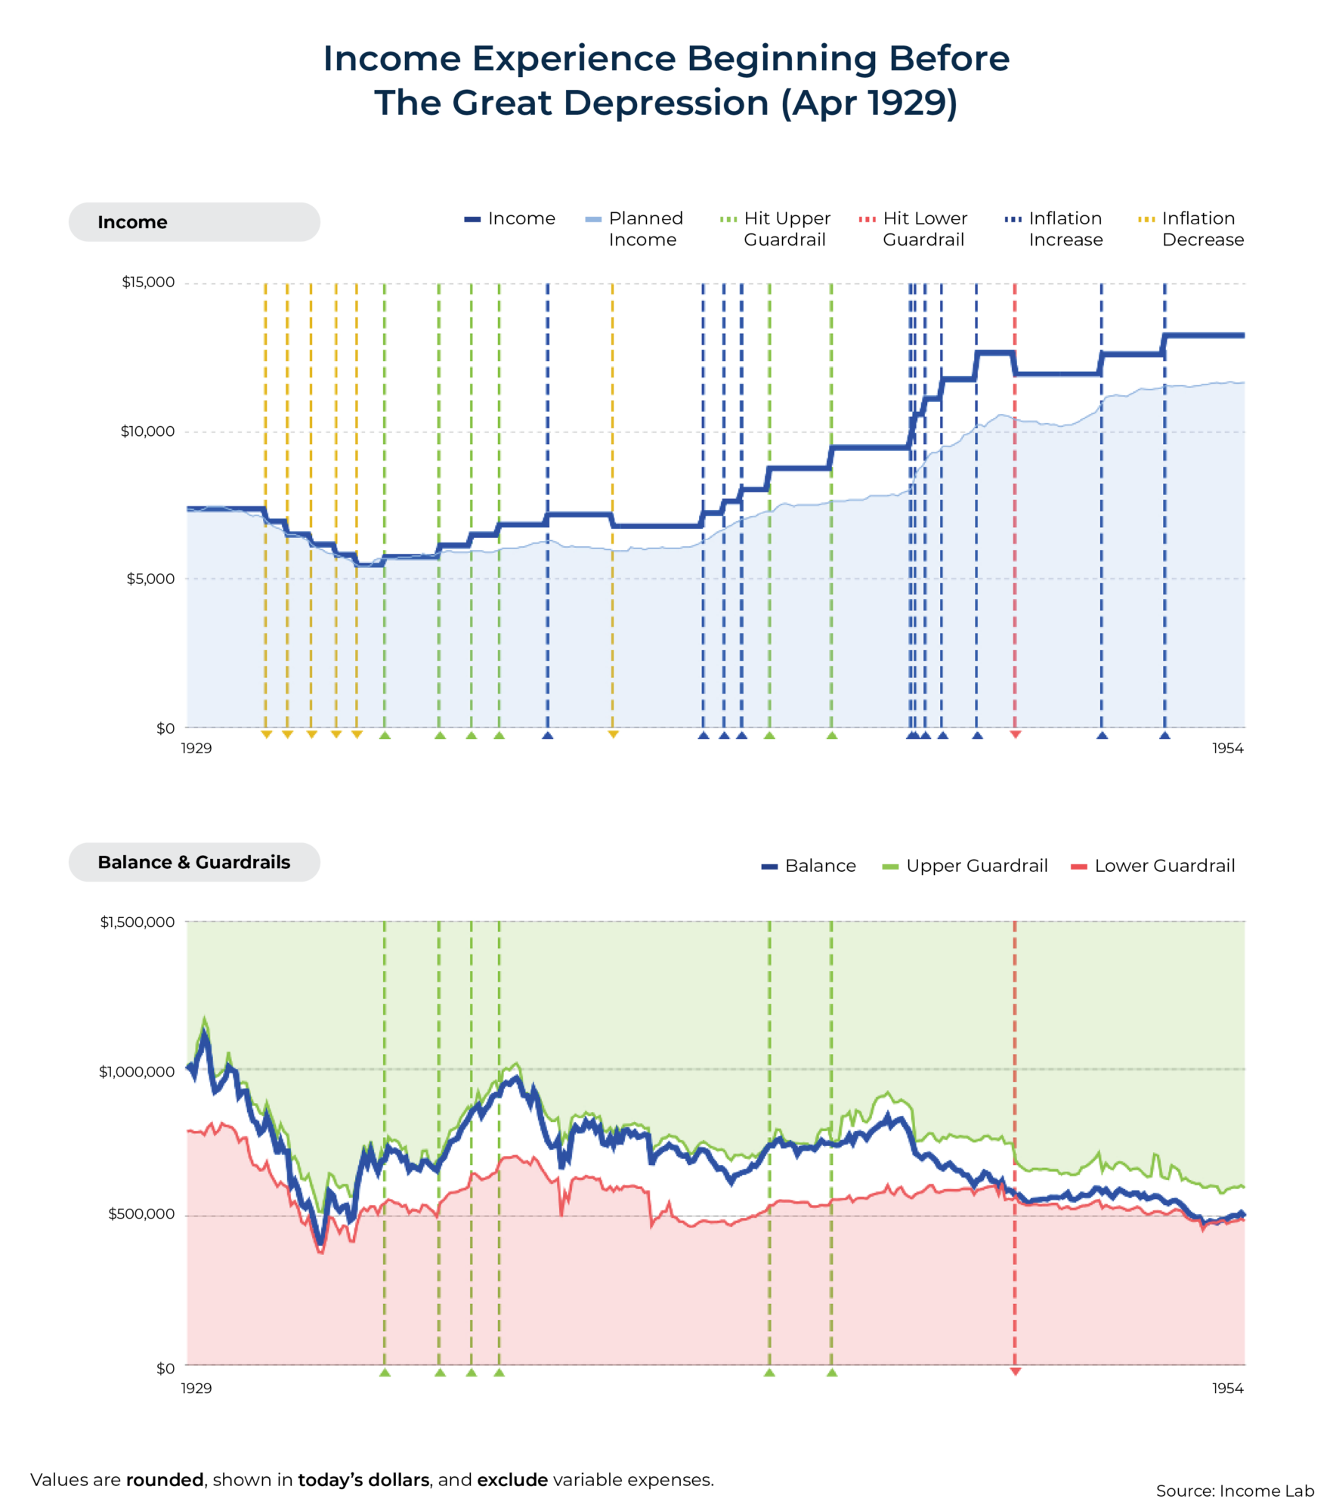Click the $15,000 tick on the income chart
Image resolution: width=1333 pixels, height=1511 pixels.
click(148, 282)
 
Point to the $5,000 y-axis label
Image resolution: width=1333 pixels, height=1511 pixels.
click(150, 579)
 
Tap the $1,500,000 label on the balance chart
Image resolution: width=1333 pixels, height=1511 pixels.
click(138, 922)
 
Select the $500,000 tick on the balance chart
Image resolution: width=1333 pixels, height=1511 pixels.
click(141, 1214)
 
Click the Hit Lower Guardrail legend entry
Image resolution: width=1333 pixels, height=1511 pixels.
click(913, 229)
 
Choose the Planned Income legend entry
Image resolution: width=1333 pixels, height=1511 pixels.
click(634, 229)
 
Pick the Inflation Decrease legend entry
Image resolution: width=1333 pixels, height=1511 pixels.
click(1191, 229)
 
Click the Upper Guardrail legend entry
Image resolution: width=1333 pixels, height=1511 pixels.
click(965, 866)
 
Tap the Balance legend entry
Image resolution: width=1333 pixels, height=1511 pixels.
click(809, 866)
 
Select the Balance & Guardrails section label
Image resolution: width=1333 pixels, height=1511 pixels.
click(193, 862)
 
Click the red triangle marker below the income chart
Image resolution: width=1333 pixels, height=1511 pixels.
click(1016, 734)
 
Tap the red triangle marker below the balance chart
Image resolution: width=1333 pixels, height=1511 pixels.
click(1016, 1371)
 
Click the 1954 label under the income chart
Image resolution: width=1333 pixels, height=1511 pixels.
click(1227, 748)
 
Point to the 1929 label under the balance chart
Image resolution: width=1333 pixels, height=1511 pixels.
click(196, 1388)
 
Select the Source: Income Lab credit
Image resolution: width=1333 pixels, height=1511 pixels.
click(1235, 1491)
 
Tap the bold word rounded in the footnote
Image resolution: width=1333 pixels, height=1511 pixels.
click(165, 1479)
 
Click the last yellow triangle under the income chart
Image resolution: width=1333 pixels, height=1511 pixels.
click(613, 734)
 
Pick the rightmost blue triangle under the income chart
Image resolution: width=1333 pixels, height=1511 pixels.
click(1164, 735)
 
